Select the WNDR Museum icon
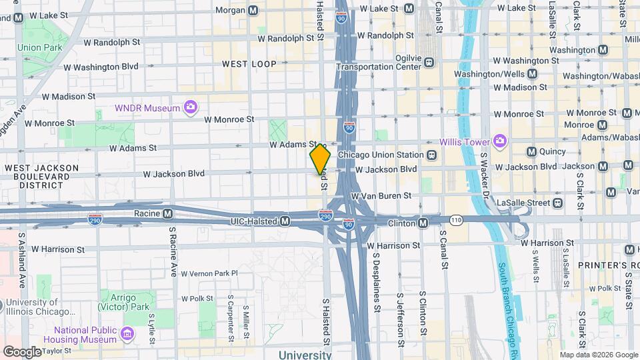[x=191, y=107]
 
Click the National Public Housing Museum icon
[x=127, y=331]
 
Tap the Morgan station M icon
[x=253, y=10]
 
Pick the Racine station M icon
[x=167, y=213]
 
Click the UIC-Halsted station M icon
[x=285, y=221]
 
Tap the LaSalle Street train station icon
[x=557, y=202]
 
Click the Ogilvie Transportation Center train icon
[x=429, y=62]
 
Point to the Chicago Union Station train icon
[x=432, y=155]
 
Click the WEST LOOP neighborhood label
[x=249, y=64]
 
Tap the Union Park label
[x=39, y=47]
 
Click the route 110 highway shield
[x=456, y=219]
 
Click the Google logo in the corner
[x=21, y=351]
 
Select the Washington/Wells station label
[x=524, y=74]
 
